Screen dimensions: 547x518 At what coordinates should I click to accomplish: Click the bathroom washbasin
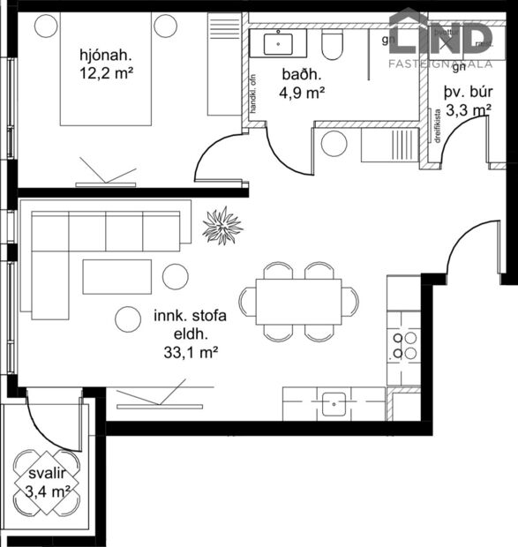(279, 41)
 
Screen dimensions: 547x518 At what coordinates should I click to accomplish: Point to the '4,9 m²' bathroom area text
(304, 90)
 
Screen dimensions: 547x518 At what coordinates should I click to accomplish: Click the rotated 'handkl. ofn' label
(252, 87)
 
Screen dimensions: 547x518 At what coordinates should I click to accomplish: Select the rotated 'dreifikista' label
(438, 124)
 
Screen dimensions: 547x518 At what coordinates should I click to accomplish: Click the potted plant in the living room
(222, 226)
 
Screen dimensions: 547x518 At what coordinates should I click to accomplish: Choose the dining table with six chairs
(299, 301)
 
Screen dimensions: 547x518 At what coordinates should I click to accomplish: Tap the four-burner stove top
(404, 345)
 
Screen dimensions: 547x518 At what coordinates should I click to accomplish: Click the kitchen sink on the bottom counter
(334, 404)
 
